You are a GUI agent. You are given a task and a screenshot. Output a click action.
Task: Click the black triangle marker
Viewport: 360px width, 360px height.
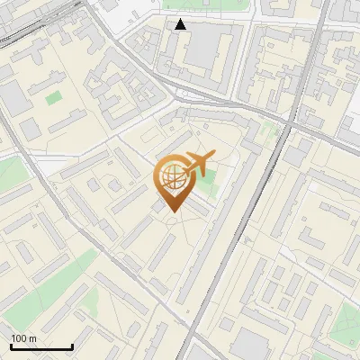181,24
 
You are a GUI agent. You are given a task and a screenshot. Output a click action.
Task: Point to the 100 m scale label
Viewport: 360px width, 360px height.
23,338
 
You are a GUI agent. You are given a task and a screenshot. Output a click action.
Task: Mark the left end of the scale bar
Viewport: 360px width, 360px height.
11,346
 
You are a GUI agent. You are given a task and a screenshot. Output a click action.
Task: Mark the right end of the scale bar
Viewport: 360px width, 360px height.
72,346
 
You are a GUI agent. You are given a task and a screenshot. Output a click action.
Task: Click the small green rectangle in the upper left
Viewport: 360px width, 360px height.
54,96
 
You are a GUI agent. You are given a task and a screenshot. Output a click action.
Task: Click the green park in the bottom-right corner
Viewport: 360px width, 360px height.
346,319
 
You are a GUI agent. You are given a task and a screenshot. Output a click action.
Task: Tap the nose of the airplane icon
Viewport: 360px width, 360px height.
213,157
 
